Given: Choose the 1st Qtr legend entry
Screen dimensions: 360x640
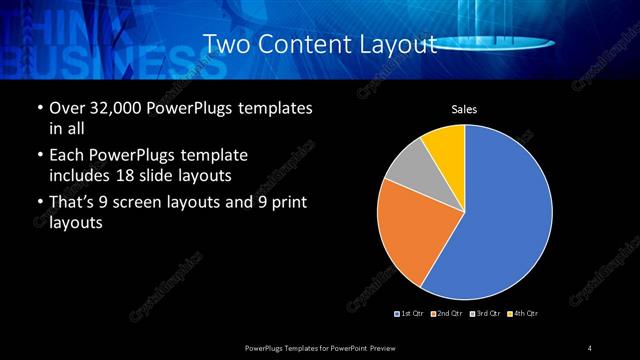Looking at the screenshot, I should point(410,315).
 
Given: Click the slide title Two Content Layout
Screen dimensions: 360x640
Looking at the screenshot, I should point(320,44).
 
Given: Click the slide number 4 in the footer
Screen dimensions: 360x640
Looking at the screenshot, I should point(590,347).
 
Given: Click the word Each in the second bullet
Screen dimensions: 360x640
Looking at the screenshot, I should point(66,156).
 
